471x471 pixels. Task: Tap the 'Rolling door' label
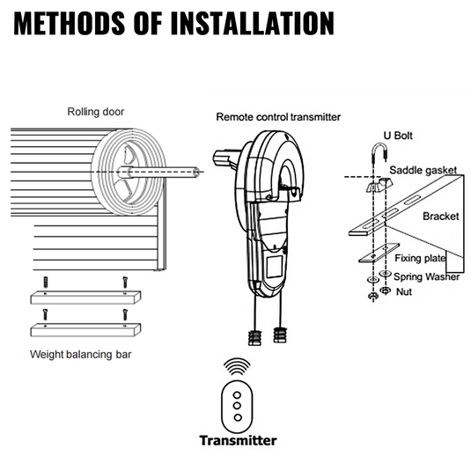(96, 112)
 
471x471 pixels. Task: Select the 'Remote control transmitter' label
(278, 117)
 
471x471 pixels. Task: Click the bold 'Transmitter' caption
(237, 440)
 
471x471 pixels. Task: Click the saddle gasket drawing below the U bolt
(377, 186)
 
